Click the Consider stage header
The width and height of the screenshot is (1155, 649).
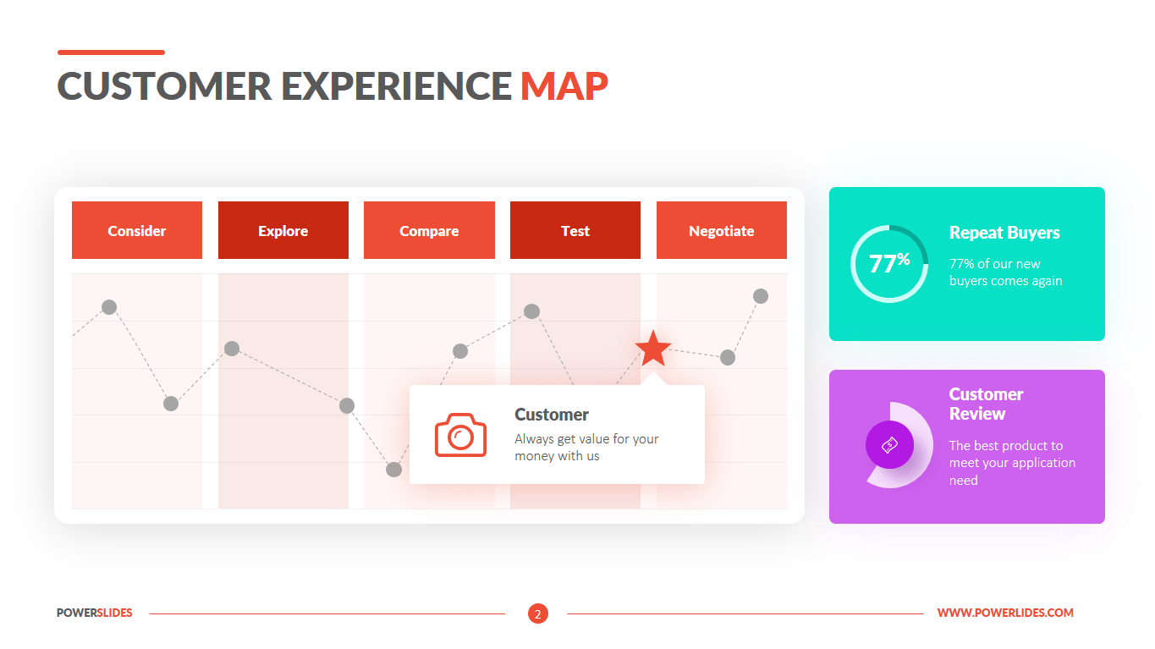136,230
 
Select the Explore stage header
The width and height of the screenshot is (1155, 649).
283,230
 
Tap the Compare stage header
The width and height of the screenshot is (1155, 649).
429,230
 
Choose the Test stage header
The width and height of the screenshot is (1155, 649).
575,230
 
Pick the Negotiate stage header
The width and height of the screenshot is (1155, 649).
722,230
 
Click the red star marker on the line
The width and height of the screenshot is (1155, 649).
652,349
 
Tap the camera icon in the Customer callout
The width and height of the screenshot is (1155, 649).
460,435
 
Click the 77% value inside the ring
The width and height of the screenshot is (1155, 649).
889,263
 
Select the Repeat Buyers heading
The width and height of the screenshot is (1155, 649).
1004,233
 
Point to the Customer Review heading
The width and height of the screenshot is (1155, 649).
986,404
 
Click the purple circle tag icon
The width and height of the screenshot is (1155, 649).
889,444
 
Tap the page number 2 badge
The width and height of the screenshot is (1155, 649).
538,613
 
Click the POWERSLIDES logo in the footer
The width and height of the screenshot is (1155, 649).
95,613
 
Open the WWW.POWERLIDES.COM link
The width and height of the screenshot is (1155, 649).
1005,613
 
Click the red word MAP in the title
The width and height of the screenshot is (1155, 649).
564,85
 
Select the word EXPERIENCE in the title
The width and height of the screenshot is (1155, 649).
396,85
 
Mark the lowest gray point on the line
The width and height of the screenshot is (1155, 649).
394,470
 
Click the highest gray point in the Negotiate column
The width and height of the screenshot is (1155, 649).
761,296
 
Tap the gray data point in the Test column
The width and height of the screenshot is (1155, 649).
531,311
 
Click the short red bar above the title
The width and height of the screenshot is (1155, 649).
111,52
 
